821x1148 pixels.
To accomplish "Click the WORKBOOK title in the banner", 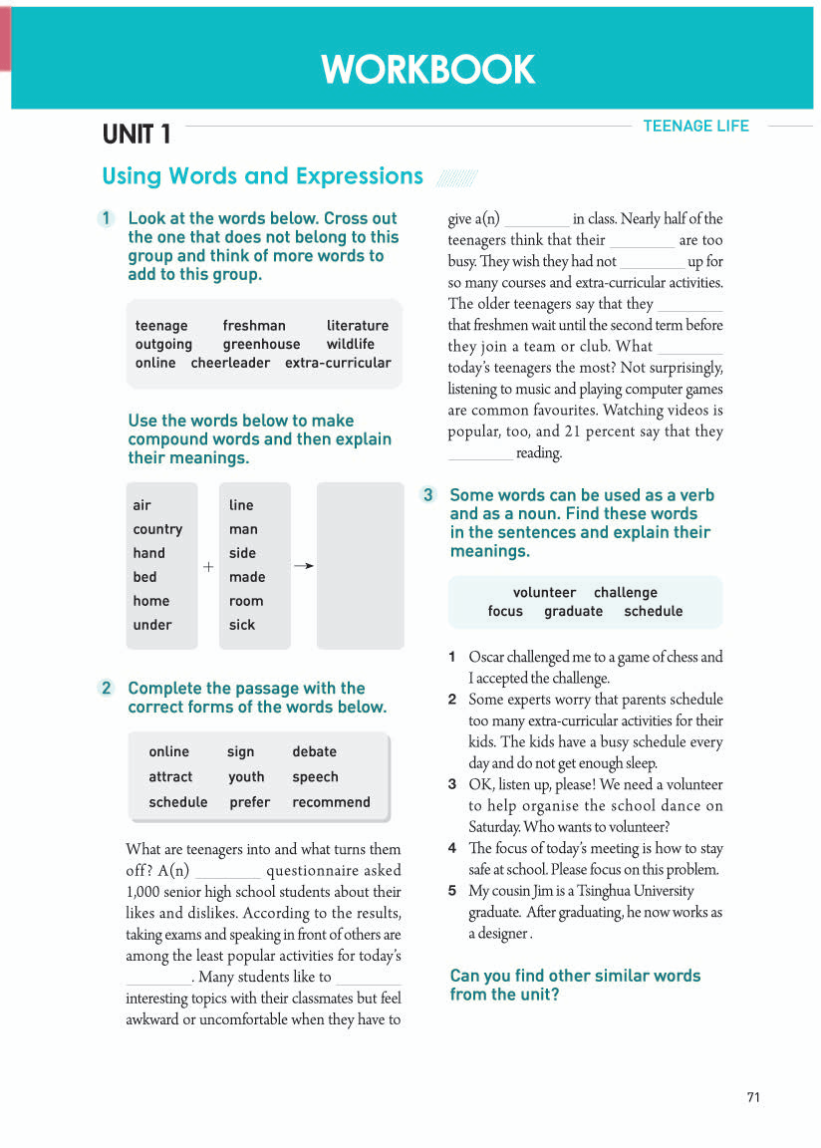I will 428,70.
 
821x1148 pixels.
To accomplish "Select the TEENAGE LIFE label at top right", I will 695,126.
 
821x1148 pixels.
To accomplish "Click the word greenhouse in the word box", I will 261,344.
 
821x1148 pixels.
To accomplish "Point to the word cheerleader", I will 230,363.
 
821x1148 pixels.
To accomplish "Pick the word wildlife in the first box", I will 351,344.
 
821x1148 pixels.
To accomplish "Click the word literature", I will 358,326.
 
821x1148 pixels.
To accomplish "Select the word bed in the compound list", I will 145,577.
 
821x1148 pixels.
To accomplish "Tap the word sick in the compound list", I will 242,625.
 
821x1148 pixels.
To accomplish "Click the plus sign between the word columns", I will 208,566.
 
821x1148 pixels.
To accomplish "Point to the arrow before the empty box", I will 304,566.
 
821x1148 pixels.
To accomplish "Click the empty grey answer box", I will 360,566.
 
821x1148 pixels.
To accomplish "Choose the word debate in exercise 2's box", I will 314,751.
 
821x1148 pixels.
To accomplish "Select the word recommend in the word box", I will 331,802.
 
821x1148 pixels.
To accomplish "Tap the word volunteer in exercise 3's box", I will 544,592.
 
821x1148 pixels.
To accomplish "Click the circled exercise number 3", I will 427,495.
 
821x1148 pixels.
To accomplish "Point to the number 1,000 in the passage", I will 144,892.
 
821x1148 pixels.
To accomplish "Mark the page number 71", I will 753,1097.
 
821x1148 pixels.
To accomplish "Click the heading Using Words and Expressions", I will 262,176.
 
